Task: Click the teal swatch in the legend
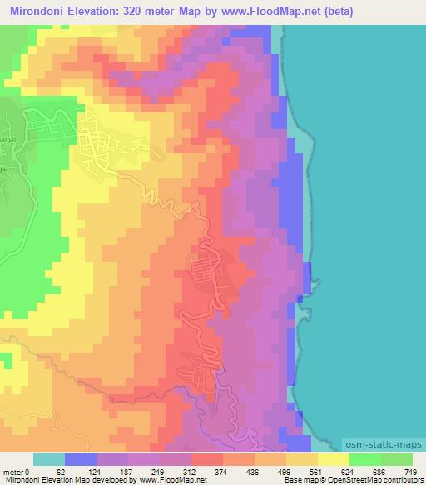[49, 460]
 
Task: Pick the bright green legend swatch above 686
[364, 460]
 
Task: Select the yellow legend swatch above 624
[333, 460]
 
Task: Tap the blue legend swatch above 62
[81, 460]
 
